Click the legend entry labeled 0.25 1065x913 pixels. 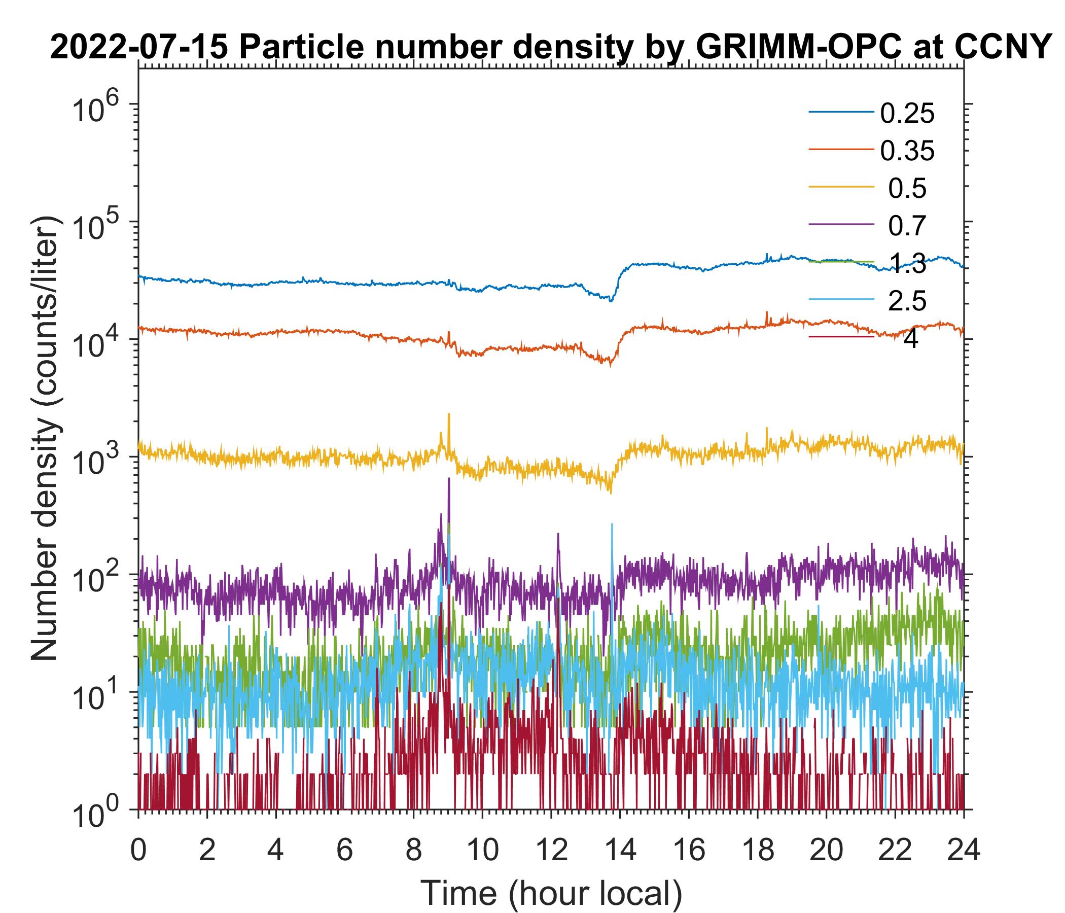tap(907, 114)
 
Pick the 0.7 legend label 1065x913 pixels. tap(907, 225)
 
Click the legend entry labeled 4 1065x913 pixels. tap(910, 339)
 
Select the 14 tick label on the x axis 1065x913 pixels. tap(620, 850)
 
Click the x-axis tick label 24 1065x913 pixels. tap(963, 850)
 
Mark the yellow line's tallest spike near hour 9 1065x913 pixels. tap(449, 414)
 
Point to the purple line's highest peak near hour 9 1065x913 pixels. tap(449, 479)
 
